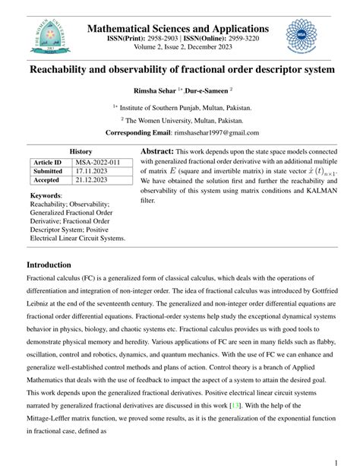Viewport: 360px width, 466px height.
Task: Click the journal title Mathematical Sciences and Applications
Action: [x=178, y=28]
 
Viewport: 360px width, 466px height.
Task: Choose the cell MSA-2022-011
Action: [x=98, y=162]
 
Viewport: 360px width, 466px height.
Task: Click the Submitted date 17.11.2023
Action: [x=92, y=171]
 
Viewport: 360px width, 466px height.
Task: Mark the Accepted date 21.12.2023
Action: [x=92, y=180]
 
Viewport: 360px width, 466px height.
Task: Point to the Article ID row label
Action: [x=47, y=162]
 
